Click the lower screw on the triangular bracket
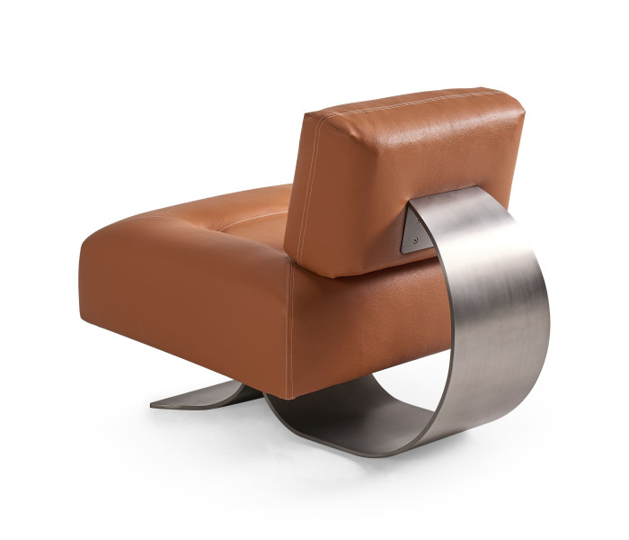pos(414,240)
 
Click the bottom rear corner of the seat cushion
pos(288,397)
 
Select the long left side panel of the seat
pos(180,297)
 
